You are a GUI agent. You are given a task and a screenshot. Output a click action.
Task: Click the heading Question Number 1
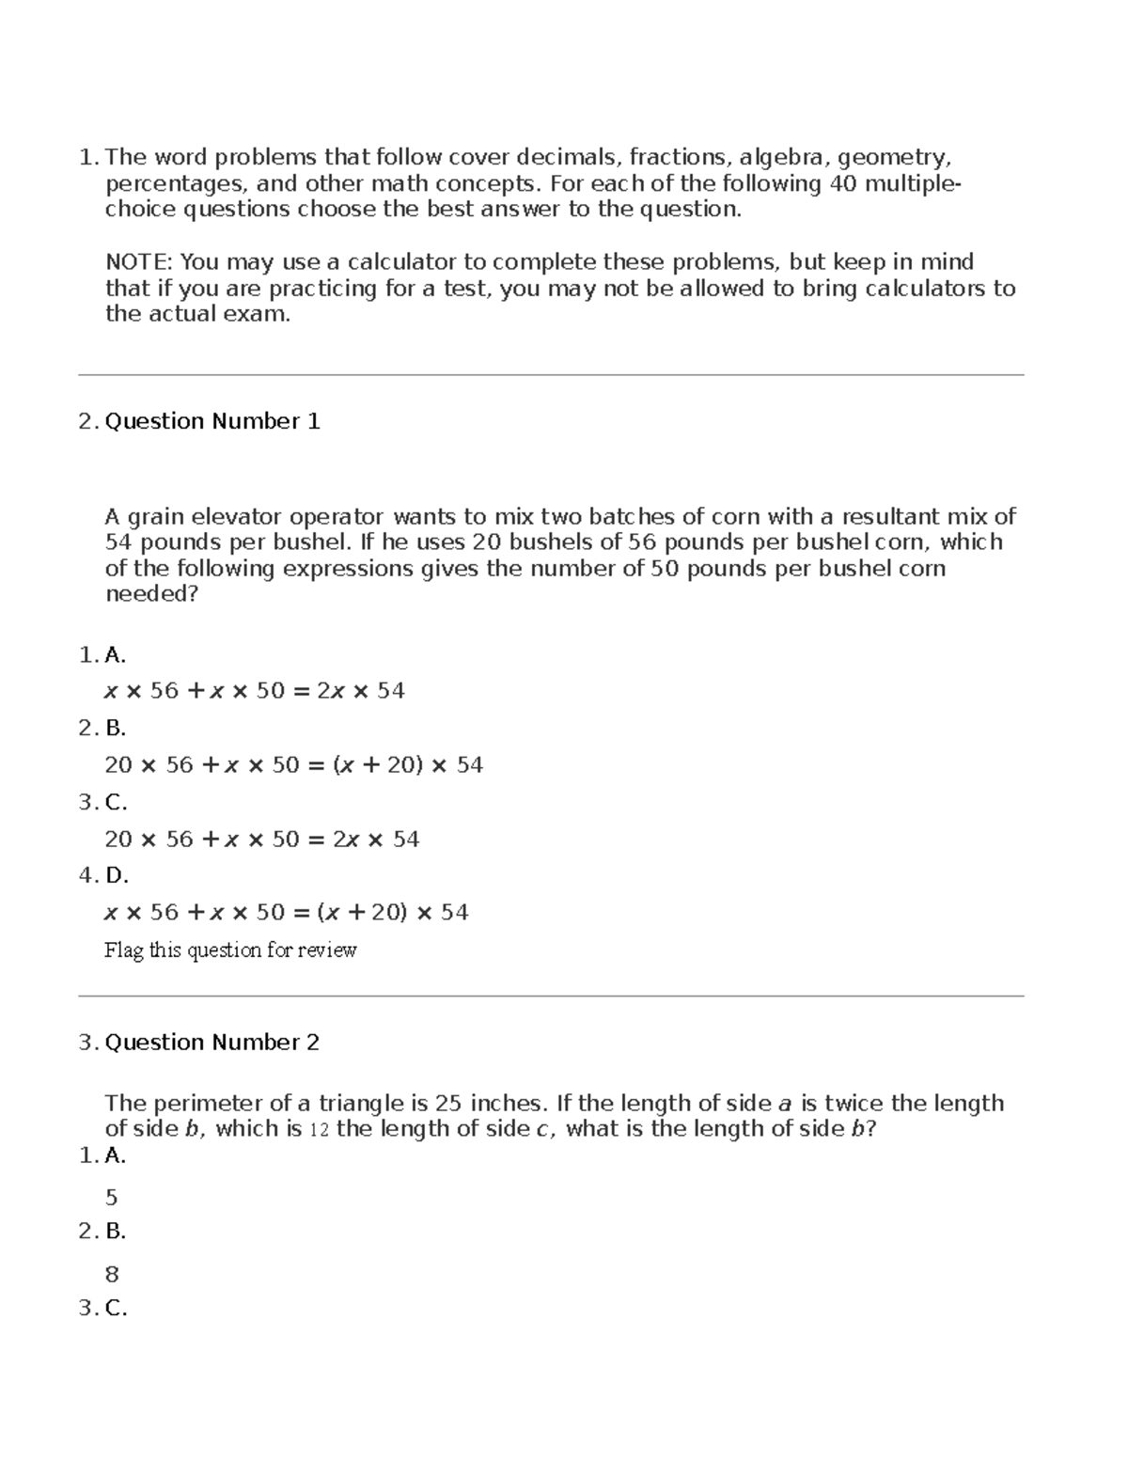pyautogui.click(x=212, y=421)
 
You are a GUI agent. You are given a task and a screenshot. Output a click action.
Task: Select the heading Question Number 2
pyautogui.click(x=212, y=1042)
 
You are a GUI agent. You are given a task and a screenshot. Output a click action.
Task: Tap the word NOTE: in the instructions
pyautogui.click(x=139, y=261)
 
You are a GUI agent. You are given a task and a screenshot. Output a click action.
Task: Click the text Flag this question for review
pyautogui.click(x=230, y=950)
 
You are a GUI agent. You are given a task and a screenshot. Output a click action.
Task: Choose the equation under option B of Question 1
pyautogui.click(x=293, y=765)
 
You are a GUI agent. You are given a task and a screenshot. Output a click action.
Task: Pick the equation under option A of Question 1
pyautogui.click(x=254, y=691)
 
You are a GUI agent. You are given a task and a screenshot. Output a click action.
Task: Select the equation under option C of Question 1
pyautogui.click(x=261, y=839)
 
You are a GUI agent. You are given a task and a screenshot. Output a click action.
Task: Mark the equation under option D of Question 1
pyautogui.click(x=286, y=912)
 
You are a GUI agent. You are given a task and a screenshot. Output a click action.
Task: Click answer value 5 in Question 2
pyautogui.click(x=112, y=1198)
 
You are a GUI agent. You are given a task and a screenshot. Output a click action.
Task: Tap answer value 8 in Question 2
pyautogui.click(x=112, y=1275)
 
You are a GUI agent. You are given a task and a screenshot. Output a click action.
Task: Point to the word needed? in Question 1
pyautogui.click(x=151, y=594)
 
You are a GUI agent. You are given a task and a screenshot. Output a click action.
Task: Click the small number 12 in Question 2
pyautogui.click(x=319, y=1130)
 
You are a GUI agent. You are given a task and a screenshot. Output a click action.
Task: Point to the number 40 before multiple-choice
pyautogui.click(x=842, y=183)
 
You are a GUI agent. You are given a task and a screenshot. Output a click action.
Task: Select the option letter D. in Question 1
pyautogui.click(x=117, y=875)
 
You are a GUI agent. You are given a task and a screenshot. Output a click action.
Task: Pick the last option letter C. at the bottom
pyautogui.click(x=116, y=1308)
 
